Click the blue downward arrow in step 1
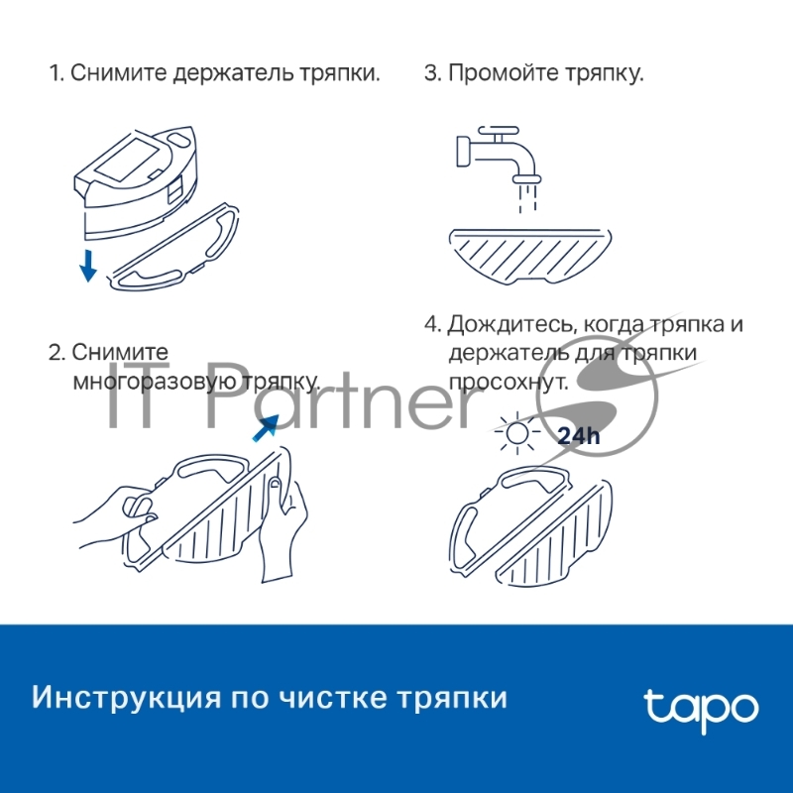tap(88, 265)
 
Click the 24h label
tap(576, 435)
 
